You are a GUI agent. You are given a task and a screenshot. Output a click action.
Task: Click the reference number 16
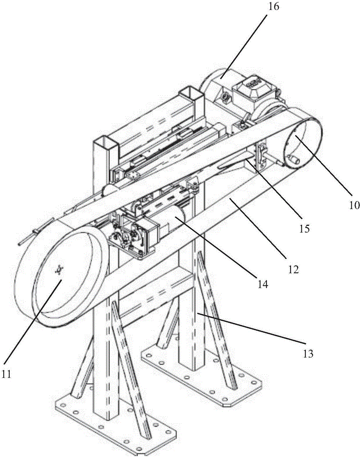[273, 6]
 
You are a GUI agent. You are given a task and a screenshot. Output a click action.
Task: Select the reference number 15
[304, 228]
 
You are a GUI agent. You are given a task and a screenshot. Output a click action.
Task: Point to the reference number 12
[293, 269]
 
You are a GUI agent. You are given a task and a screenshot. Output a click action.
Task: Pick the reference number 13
[308, 354]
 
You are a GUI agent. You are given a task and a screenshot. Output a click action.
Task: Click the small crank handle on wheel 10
[294, 160]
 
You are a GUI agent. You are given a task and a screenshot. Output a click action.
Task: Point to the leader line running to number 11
[33, 321]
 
